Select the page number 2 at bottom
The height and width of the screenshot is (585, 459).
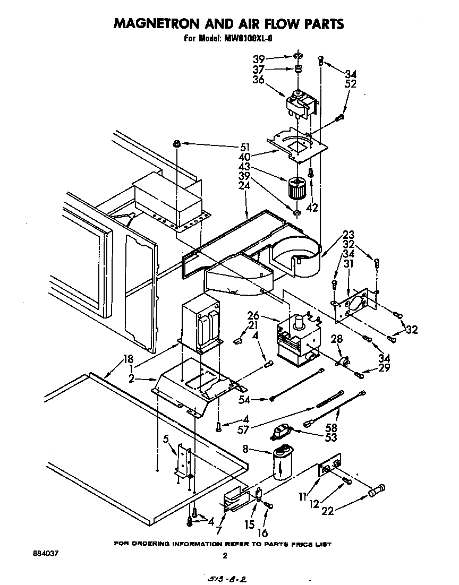click(225, 556)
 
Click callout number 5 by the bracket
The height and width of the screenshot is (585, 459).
click(166, 439)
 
